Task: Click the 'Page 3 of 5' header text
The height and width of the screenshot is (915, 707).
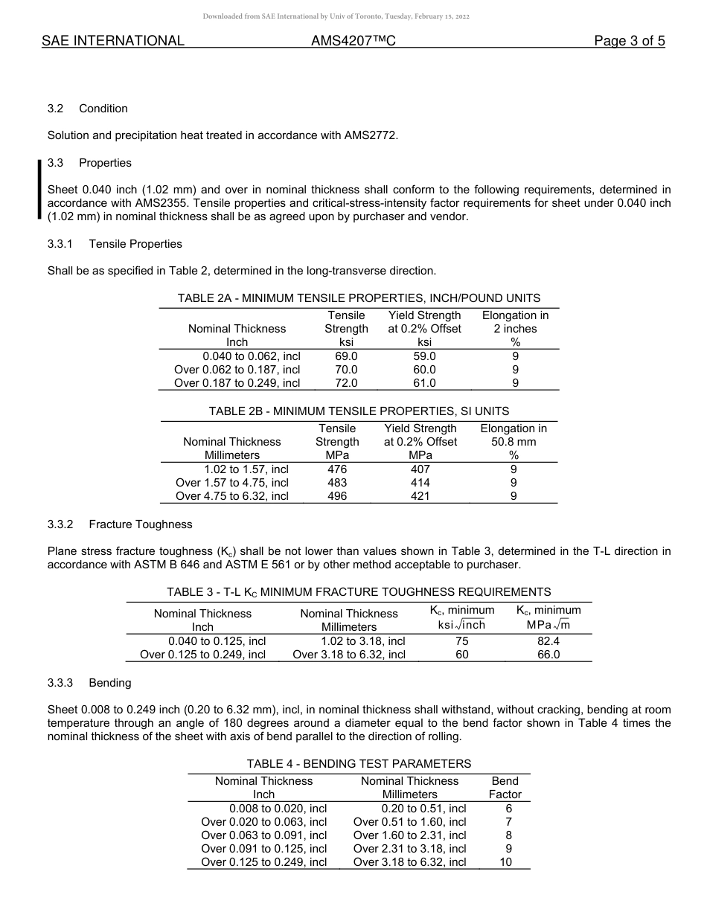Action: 629,41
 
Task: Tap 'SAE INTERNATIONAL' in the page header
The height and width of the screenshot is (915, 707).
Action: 113,41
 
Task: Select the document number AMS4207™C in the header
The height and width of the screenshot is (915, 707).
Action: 353,41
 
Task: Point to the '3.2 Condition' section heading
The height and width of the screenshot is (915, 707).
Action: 88,109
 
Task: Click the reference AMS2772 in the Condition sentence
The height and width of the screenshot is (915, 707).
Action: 366,135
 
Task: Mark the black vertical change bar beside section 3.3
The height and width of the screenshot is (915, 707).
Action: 39,190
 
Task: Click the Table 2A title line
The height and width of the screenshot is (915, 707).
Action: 359,298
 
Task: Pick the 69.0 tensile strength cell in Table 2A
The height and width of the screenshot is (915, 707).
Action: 346,356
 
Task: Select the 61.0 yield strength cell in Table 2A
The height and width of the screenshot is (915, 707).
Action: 424,383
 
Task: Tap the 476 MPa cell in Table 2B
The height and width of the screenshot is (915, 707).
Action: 337,469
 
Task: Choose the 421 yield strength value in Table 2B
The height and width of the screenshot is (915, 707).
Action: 420,496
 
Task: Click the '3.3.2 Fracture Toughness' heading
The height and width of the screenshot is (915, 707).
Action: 120,524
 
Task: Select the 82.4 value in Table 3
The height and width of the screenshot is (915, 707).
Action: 548,641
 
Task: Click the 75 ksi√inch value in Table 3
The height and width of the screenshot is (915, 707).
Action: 461,641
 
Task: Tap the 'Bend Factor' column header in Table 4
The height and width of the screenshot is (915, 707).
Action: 505,788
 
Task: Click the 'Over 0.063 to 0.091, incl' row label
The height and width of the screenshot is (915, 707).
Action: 263,835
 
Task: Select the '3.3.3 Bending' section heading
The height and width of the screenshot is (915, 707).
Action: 89,683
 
